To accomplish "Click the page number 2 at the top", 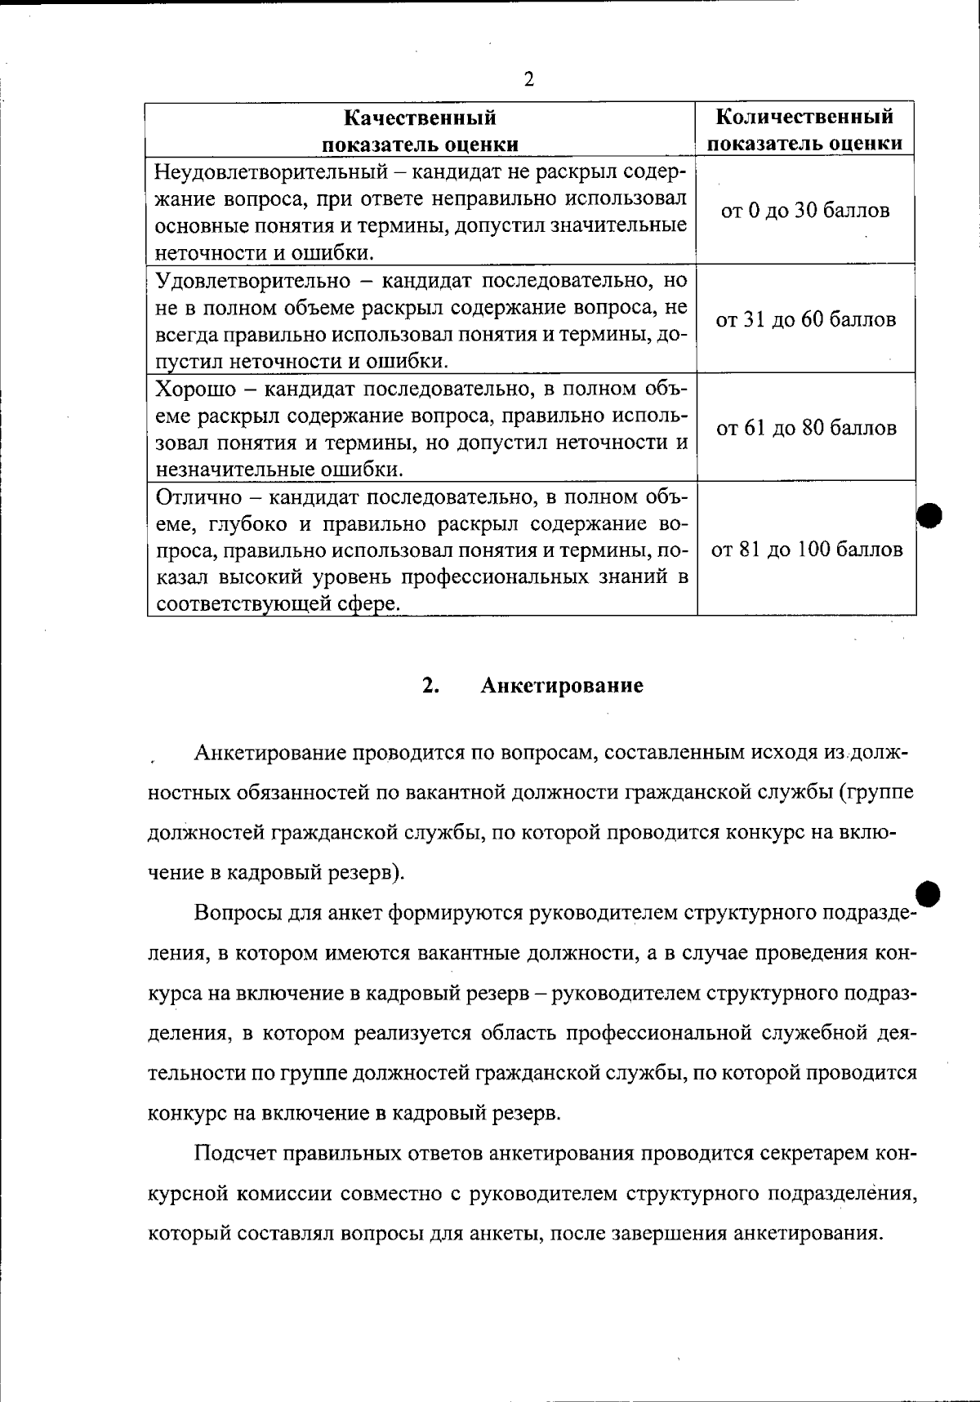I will point(528,79).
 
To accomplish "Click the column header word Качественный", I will point(420,118).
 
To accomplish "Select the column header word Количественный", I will point(804,117).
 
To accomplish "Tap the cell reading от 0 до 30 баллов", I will point(804,211).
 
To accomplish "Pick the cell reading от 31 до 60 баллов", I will point(806,319).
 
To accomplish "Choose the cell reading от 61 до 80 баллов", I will point(806,428).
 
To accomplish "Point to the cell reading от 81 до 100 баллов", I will point(807,550).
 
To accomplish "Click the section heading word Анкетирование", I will point(562,685).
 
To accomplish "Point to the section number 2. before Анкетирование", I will point(431,685).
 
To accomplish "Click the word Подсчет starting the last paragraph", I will point(234,1153).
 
